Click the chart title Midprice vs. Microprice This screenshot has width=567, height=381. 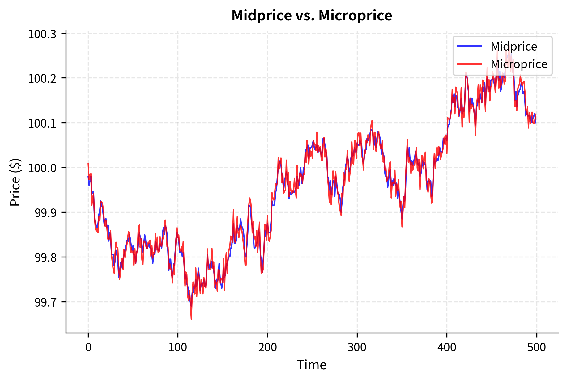312,15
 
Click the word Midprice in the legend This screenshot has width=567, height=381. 514,47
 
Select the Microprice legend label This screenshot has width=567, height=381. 519,64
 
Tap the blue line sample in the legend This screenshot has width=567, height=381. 469,46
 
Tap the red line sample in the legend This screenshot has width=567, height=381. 469,64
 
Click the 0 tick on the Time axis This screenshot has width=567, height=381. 88,347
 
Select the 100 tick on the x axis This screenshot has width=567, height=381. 178,347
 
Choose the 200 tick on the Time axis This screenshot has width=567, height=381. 267,347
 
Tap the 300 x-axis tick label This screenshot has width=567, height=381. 357,347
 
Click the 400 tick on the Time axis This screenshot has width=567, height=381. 447,347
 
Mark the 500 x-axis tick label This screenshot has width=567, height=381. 536,347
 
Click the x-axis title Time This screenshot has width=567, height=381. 312,365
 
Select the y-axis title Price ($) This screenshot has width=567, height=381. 15,182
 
